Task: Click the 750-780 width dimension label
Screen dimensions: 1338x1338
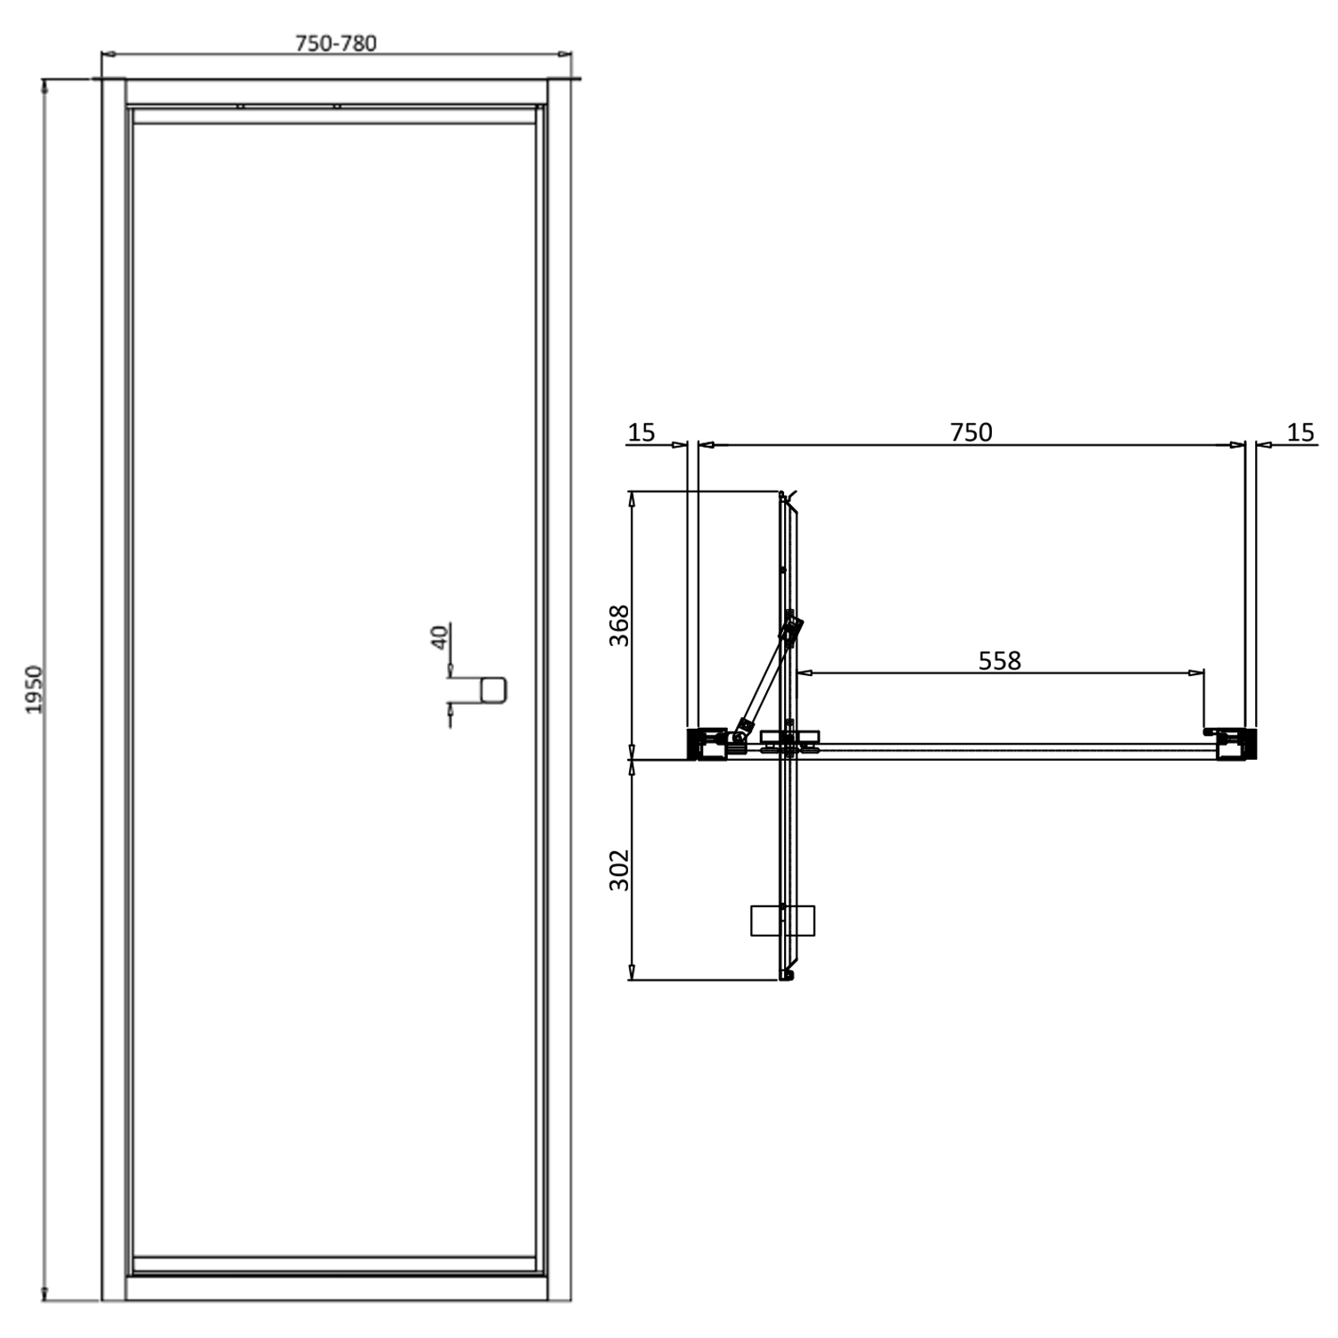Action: pyautogui.click(x=336, y=43)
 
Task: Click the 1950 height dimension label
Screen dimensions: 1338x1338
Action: pyautogui.click(x=34, y=689)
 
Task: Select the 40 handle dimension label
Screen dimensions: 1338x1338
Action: pyautogui.click(x=439, y=637)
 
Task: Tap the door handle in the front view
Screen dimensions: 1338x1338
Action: pyautogui.click(x=492, y=690)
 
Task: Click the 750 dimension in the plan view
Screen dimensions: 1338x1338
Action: pyautogui.click(x=970, y=433)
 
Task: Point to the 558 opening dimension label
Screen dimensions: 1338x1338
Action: pyautogui.click(x=999, y=661)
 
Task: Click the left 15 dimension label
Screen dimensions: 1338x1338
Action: pyautogui.click(x=641, y=433)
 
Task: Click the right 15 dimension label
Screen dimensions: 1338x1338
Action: pyautogui.click(x=1301, y=433)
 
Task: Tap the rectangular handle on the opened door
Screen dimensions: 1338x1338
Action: pyautogui.click(x=782, y=921)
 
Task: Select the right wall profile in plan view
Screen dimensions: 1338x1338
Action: pyautogui.click(x=1235, y=744)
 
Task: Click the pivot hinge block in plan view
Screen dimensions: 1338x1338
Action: pyautogui.click(x=789, y=739)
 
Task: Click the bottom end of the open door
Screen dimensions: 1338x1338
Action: pyautogui.click(x=786, y=976)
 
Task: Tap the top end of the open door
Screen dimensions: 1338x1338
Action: pyautogui.click(x=785, y=496)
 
